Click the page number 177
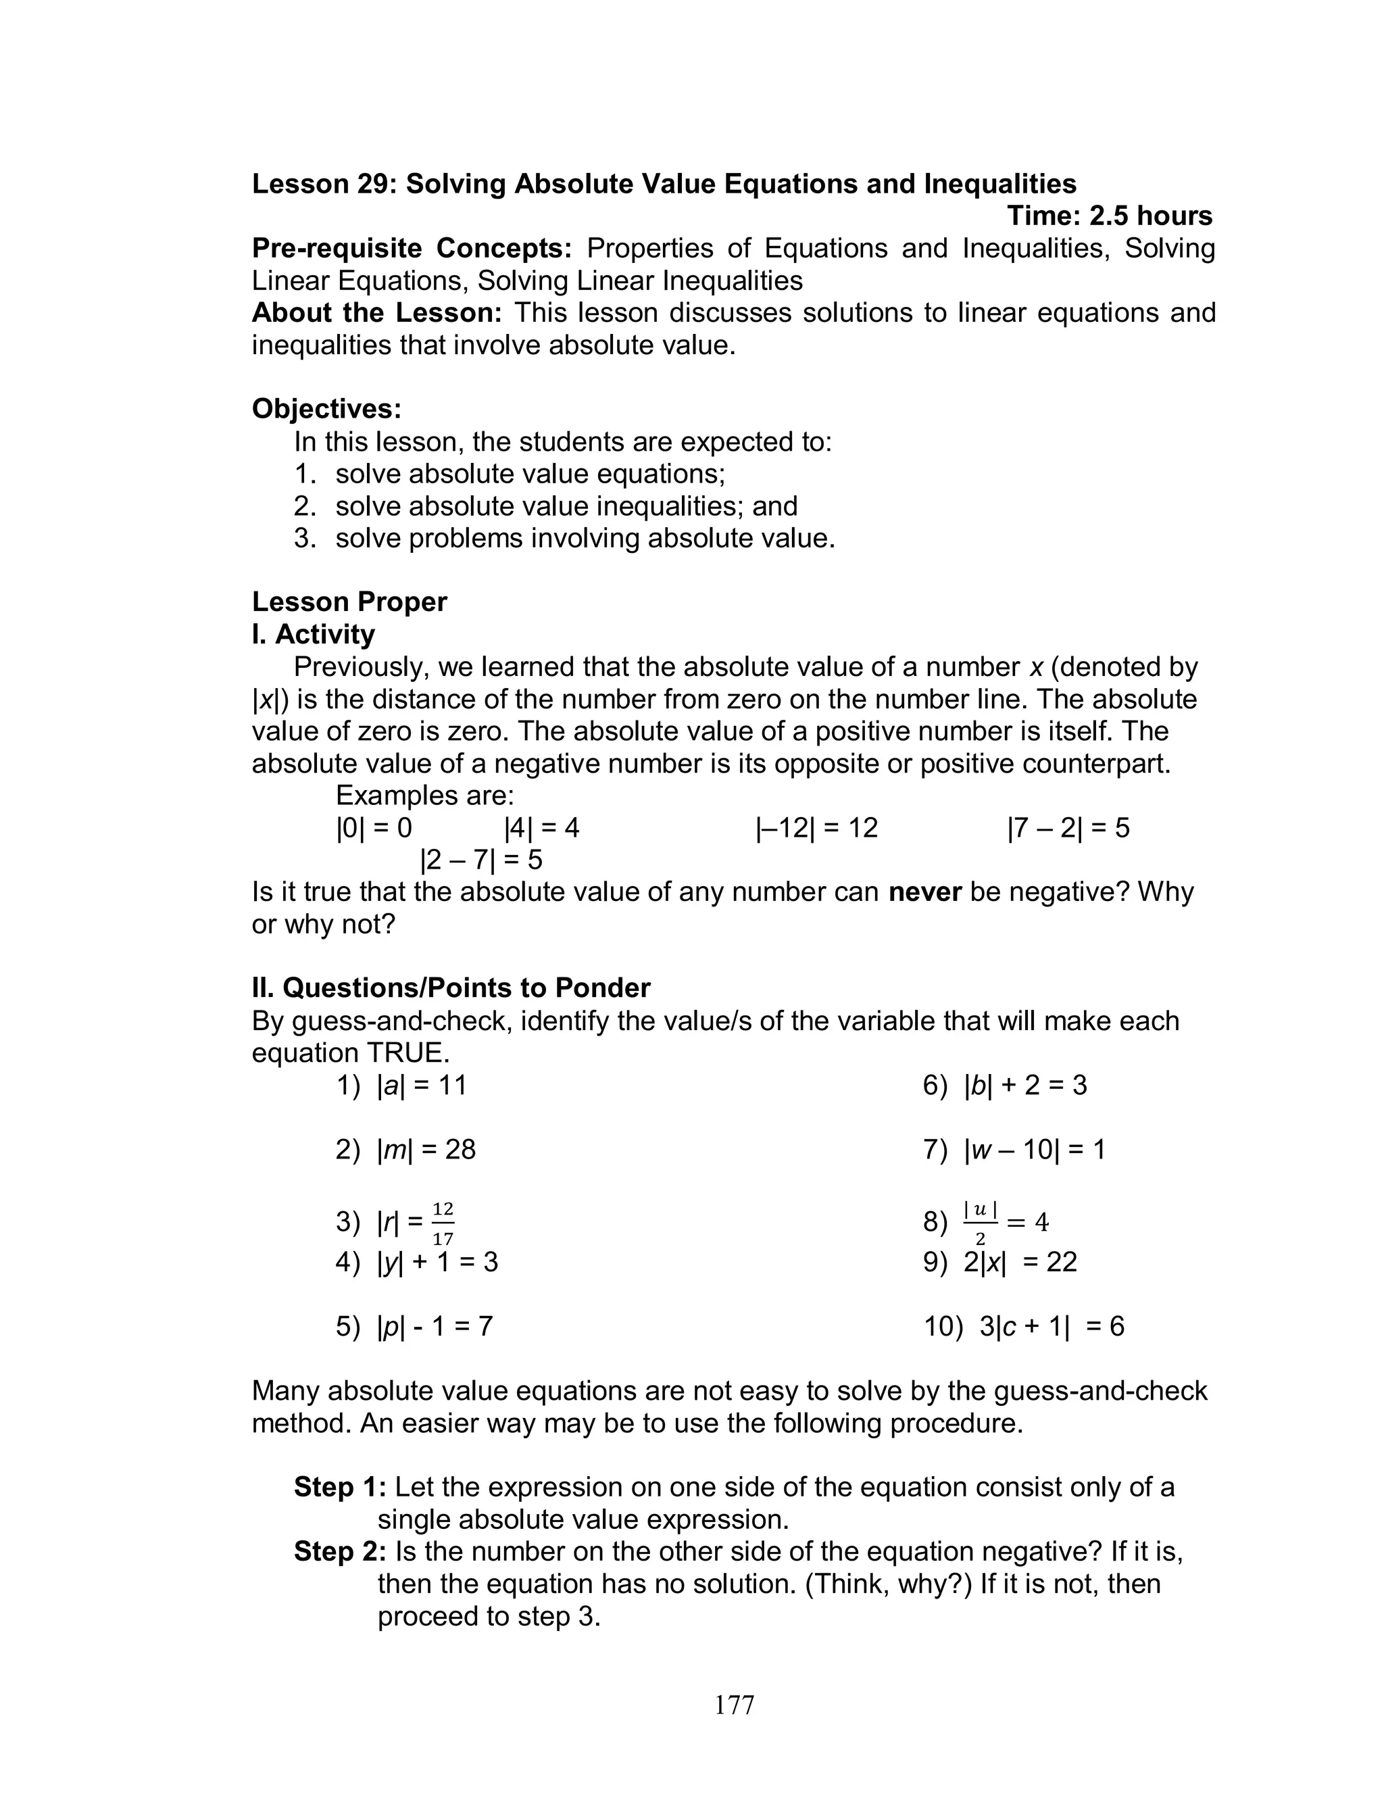734,1705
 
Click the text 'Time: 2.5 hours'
1109,216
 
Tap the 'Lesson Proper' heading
349,602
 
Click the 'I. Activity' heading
313,634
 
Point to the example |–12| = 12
816,828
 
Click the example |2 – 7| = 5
481,860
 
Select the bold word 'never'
924,892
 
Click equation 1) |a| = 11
401,1085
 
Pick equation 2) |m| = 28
405,1149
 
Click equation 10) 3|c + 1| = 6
1023,1326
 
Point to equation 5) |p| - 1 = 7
414,1326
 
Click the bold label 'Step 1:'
339,1487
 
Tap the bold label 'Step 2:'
339,1552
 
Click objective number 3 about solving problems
564,538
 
